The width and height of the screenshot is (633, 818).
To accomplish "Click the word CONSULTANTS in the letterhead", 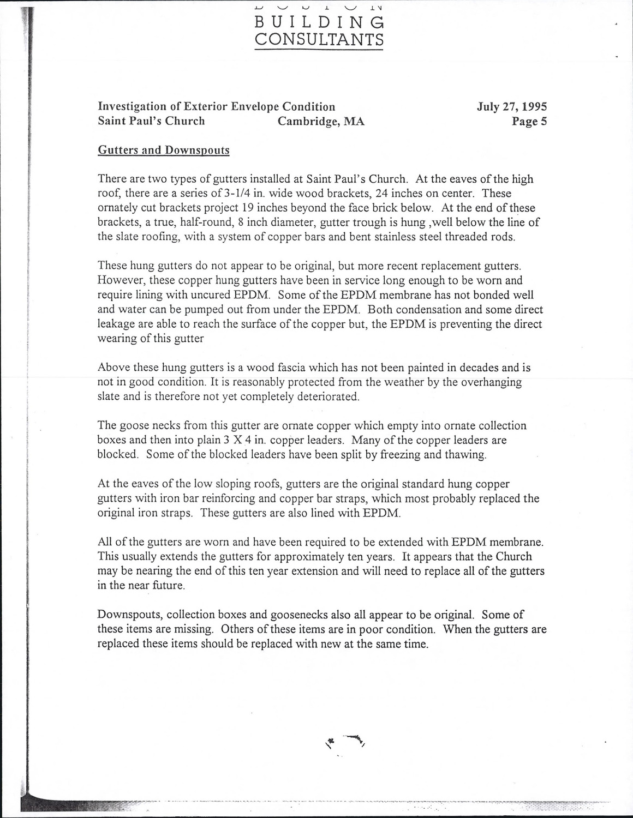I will click(319, 40).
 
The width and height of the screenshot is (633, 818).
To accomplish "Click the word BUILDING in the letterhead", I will click(319, 22).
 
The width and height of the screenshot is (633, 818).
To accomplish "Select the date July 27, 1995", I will click(512, 106).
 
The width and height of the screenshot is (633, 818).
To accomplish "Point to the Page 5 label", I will click(529, 121).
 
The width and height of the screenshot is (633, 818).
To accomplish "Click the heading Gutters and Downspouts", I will click(163, 150).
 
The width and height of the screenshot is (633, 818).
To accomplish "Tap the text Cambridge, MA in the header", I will click(321, 121).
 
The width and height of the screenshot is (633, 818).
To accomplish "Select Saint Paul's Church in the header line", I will click(151, 121).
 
